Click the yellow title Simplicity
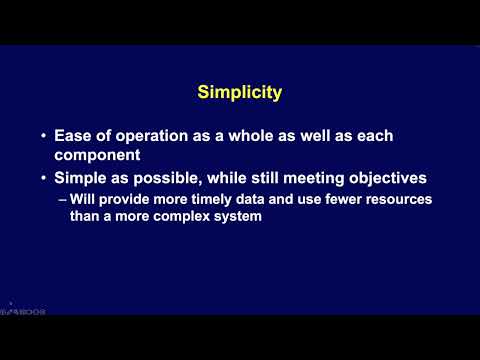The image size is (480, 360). pyautogui.click(x=240, y=93)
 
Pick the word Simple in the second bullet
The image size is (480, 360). pyautogui.click(x=78, y=178)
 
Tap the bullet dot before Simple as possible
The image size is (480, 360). pyautogui.click(x=43, y=178)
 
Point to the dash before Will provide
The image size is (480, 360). pyautogui.click(x=62, y=199)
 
